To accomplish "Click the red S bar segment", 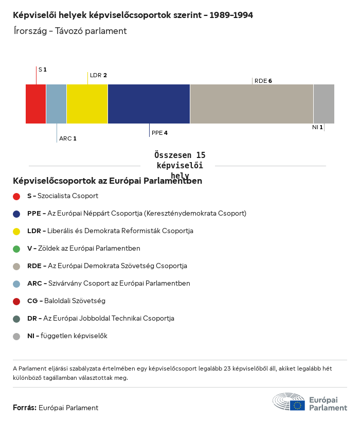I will [36, 104].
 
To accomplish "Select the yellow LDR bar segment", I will [87, 104].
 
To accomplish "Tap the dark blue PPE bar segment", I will [149, 104].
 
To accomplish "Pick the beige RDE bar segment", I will [251, 104].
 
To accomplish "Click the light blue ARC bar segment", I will [56, 104].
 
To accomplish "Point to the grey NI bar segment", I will [323, 104].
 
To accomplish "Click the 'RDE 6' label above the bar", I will [263, 81].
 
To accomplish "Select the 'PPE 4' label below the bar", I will [159, 133].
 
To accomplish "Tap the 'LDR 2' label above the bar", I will [98, 75].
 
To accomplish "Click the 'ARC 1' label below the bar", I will [67, 138].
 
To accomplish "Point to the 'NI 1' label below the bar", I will [317, 127].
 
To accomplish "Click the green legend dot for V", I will [16, 249].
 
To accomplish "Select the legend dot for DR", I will [16, 319].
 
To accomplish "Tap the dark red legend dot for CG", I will [16, 301].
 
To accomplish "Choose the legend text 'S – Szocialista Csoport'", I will [62, 196].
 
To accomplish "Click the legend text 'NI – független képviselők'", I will [67, 336].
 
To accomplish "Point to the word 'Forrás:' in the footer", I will [25, 408].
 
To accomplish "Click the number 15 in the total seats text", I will [200, 155].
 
